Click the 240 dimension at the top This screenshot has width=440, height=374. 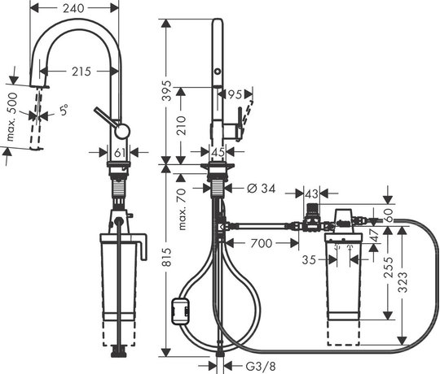pos(73,8)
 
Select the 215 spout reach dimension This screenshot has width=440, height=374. pos(81,72)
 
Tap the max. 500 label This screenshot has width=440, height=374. pos(12,117)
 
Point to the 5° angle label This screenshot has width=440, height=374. pos(64,110)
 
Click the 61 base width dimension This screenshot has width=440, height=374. pos(120,153)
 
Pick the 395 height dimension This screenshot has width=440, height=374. pos(168,91)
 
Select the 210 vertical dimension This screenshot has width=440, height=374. pos(182,125)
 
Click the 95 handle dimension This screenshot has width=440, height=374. pos(235,94)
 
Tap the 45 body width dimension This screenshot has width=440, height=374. pos(218,152)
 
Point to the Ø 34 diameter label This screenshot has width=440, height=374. pos(262,189)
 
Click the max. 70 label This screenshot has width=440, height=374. pos(183,209)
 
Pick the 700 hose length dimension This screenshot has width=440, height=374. pos(262,243)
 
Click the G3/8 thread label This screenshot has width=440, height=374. pos(261,366)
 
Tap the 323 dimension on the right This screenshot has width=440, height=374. pos(403,282)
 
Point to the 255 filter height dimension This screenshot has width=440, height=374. pos(389,267)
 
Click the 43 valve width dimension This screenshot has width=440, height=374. pos(311,194)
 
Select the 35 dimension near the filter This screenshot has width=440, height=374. pos(309,260)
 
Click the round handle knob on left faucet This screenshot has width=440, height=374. pos(122,131)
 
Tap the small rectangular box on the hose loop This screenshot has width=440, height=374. pos(180,311)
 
